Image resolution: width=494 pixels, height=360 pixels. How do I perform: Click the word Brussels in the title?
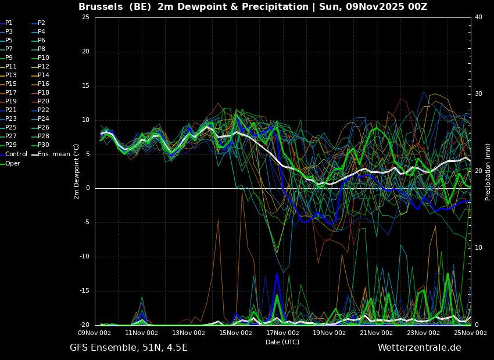coord(101,6)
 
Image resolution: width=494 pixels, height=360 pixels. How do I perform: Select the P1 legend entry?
coord(6,23)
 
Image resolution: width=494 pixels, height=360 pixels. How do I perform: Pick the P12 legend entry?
coord(41,66)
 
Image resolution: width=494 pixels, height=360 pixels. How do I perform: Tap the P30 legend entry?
coord(41,145)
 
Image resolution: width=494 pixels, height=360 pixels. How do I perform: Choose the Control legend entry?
coord(13,154)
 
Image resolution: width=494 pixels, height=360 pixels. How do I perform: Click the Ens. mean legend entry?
coord(51,154)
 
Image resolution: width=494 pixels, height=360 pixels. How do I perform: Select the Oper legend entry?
coord(10,163)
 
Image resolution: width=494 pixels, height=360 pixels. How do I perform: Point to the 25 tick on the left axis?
coord(85,17)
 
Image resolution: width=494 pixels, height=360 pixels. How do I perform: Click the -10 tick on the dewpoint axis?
coord(84,257)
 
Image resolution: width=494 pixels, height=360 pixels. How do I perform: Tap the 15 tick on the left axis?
coord(85,85)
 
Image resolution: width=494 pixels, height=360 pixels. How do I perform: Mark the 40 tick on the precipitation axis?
coord(478,17)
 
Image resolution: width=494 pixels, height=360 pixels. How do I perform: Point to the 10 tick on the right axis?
coord(478,248)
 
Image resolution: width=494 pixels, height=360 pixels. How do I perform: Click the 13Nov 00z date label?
coord(189,333)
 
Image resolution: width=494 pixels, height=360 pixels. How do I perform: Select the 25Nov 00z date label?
coord(470,333)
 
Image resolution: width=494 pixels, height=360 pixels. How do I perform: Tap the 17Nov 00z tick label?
coord(282,333)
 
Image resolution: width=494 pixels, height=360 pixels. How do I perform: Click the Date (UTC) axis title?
coord(282,342)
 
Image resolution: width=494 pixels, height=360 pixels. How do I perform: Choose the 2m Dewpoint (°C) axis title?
coord(76,171)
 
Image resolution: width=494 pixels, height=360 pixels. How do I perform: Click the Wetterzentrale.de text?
coord(420,348)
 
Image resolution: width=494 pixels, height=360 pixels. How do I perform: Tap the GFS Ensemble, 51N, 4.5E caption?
coord(128,348)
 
